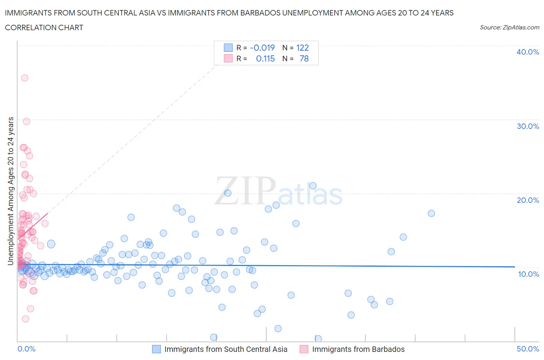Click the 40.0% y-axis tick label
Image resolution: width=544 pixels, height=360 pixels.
click(x=527, y=52)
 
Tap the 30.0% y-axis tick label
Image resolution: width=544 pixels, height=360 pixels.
click(x=527, y=126)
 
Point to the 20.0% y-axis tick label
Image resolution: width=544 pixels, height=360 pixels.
click(x=527, y=200)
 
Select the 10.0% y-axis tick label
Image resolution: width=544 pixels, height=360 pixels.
click(x=527, y=274)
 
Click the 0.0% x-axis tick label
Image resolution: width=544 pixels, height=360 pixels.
click(x=27, y=349)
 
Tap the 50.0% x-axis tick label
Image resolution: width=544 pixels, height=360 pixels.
click(x=527, y=349)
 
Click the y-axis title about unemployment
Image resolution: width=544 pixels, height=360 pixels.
click(x=10, y=191)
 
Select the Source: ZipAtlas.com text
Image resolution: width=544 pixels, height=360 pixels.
click(x=509, y=27)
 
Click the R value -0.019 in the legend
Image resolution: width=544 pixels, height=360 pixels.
click(x=262, y=48)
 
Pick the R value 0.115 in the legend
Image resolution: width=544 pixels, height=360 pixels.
click(x=265, y=58)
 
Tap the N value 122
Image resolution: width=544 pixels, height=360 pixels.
click(x=303, y=48)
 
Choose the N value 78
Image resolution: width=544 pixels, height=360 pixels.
click(x=304, y=58)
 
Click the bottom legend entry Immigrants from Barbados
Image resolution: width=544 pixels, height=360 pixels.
click(x=358, y=349)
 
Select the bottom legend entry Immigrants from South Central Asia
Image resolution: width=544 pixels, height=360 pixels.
click(x=226, y=349)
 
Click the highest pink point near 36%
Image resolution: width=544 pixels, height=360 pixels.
click(x=24, y=78)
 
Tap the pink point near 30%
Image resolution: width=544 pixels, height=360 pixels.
click(x=27, y=121)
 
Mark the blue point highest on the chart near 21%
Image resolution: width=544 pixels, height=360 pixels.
click(x=313, y=186)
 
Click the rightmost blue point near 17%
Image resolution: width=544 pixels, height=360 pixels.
click(x=431, y=213)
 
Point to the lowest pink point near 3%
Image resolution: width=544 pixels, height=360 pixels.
click(x=26, y=319)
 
